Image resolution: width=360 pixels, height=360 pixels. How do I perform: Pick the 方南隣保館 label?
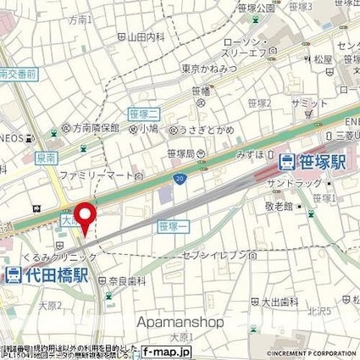[86, 130]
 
